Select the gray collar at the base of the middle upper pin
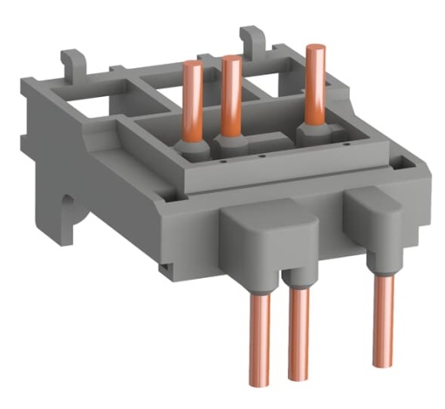231,139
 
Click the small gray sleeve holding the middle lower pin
299,279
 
